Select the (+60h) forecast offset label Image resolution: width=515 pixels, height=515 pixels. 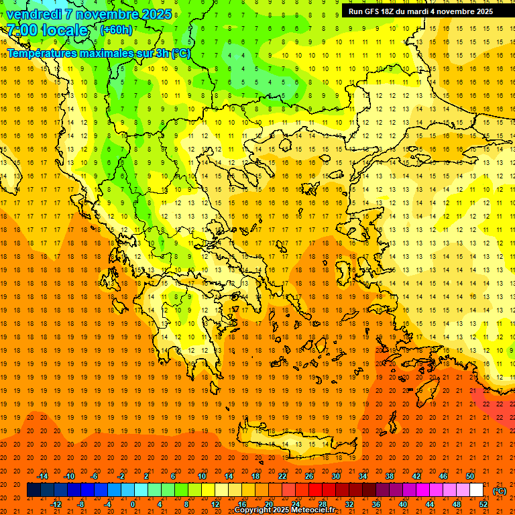pos(116,30)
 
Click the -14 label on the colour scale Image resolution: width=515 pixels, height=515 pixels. pos(42,476)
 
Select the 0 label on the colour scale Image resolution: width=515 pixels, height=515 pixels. pos(133,504)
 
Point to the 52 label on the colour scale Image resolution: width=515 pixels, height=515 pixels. pos(483,504)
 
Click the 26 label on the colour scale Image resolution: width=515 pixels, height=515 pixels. pos(309,476)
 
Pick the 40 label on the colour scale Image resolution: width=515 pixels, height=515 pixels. pos(402,504)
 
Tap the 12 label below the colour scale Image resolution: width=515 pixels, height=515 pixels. pos(215,504)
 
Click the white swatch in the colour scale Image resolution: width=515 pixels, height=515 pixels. pos(476,490)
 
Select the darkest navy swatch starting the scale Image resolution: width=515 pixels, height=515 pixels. pos(34,490)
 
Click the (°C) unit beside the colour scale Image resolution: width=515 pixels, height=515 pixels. pos(500,491)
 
